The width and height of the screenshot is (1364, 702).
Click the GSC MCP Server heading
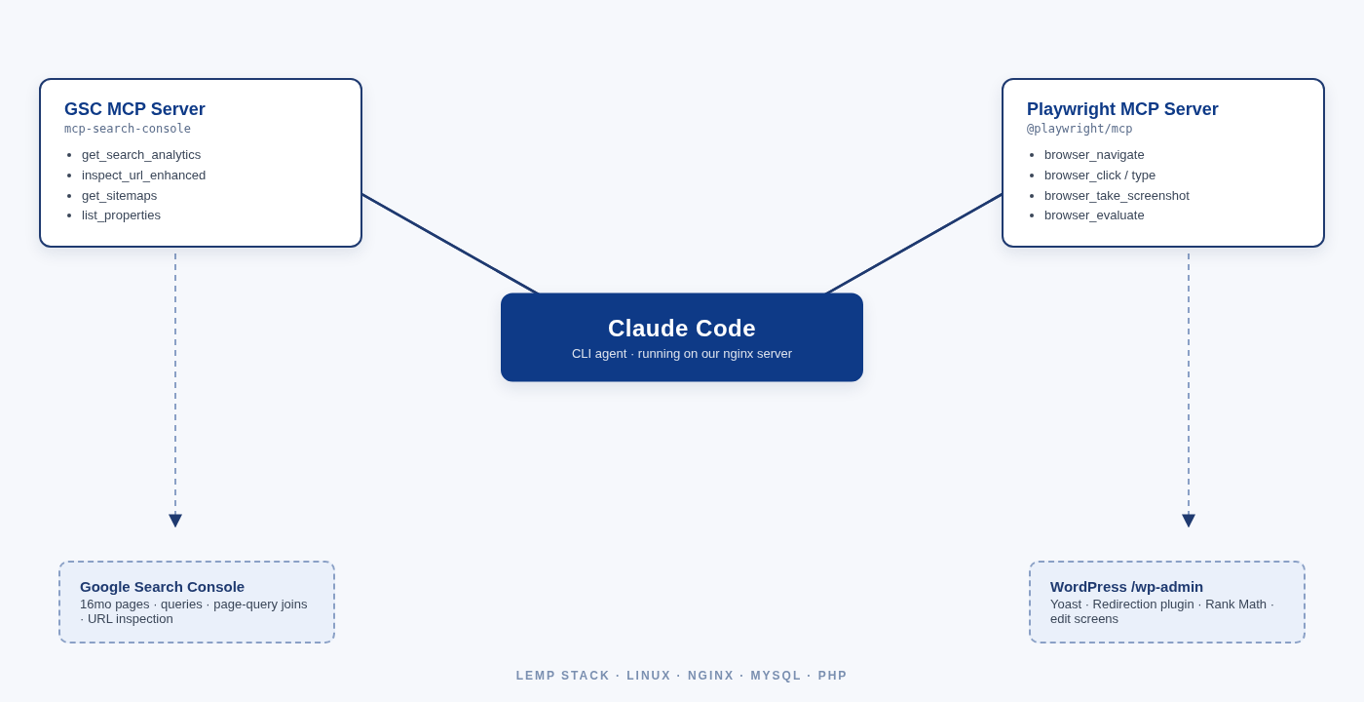[x=134, y=109]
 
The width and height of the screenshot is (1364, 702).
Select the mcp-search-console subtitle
[x=128, y=129]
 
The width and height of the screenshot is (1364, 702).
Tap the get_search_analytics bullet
[x=141, y=155]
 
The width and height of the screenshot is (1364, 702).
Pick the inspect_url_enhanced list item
[x=143, y=175]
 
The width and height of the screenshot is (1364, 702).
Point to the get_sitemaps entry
[x=119, y=196]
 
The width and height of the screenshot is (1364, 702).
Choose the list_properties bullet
[x=121, y=215]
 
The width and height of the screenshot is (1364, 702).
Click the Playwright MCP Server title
[x=1122, y=109]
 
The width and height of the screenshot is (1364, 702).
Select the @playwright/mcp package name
[x=1080, y=129]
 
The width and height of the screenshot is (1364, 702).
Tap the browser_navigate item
[x=1094, y=155]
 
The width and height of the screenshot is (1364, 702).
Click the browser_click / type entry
[x=1100, y=175]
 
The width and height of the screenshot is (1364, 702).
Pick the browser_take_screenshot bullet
[x=1117, y=196]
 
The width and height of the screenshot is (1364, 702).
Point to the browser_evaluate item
[x=1094, y=215]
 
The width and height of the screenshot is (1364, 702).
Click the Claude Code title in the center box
[x=682, y=329]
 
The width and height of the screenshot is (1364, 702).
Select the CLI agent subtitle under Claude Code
[x=682, y=354]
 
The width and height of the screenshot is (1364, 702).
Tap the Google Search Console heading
[x=162, y=587]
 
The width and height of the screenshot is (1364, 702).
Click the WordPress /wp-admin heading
[x=1126, y=587]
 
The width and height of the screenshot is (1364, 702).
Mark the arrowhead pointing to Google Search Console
[x=175, y=521]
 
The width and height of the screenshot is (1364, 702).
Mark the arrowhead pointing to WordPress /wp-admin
[x=1189, y=521]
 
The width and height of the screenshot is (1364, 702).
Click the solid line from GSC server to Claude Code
[x=450, y=244]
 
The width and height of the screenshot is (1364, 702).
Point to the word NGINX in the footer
[x=711, y=676]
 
